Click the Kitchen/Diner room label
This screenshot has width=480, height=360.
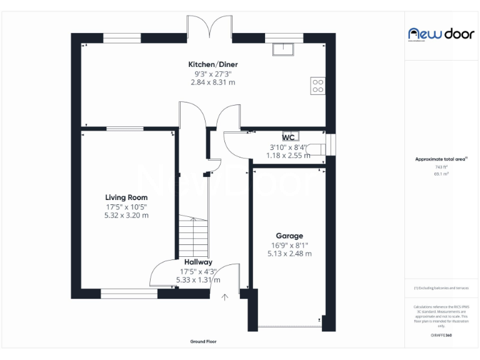[x=213, y=64]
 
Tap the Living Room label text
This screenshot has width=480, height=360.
[x=126, y=197]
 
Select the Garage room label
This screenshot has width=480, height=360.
[x=289, y=236]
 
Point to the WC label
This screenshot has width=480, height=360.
[x=288, y=137]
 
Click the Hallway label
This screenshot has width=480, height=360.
[x=198, y=262]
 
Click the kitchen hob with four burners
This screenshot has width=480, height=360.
[x=317, y=85]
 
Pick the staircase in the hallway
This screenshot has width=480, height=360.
[x=192, y=232]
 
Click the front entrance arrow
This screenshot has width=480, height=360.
[x=224, y=296]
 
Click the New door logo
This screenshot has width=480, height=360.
[x=441, y=34]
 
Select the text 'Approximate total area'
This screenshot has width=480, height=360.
[x=440, y=159]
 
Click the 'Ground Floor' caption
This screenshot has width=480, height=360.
[x=203, y=342]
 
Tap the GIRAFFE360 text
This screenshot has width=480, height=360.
[x=441, y=336]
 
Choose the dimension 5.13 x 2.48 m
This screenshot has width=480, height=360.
[x=289, y=254]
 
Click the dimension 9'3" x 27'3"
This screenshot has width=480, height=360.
[x=213, y=74]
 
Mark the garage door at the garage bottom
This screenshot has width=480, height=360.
[x=289, y=327]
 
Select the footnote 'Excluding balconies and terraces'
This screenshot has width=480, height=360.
[x=441, y=287]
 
